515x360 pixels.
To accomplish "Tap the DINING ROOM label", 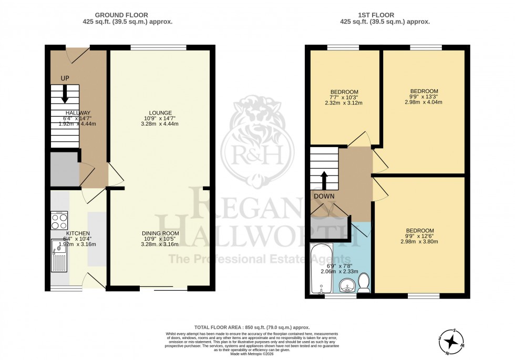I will (160, 233).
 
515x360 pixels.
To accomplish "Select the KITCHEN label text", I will (78, 233).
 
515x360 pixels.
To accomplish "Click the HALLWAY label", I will (78, 112).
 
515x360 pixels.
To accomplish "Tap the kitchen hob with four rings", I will (59, 220).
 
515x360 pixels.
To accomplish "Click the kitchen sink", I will (59, 254).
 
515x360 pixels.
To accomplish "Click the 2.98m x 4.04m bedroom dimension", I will (423, 102).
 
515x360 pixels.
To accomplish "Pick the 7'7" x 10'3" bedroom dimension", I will (344, 97).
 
